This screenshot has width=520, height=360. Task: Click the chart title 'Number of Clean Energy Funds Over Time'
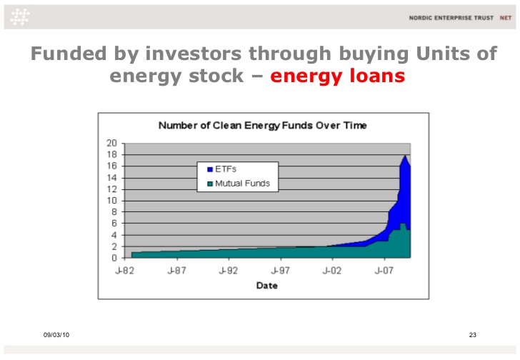coord(262,126)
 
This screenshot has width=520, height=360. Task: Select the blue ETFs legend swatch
coord(209,169)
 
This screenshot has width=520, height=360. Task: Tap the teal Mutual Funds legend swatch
coord(209,184)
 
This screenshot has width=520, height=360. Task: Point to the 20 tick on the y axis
coord(111,143)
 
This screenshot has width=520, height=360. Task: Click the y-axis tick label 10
coord(111,201)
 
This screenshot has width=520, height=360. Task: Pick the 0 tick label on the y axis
coord(114,258)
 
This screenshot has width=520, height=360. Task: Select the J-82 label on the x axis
coord(125,271)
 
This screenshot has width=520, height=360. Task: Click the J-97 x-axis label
coord(280,271)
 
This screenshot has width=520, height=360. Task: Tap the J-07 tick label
coord(384,271)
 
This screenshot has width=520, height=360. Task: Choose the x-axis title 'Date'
coord(267,286)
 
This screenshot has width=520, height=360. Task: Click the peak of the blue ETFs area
coord(405,155)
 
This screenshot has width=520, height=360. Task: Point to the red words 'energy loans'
coord(338,76)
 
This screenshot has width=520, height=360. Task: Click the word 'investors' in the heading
coord(193,54)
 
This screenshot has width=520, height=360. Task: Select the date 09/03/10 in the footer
coord(56,335)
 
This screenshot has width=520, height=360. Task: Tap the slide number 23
coord(473,335)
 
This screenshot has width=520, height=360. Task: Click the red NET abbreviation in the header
coord(506,18)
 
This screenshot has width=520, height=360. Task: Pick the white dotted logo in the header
coord(19,17)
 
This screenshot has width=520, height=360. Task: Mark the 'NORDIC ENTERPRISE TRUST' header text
coord(451,18)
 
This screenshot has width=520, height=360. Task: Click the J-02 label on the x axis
coord(332,271)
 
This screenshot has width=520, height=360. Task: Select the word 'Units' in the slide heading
coord(442,54)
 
